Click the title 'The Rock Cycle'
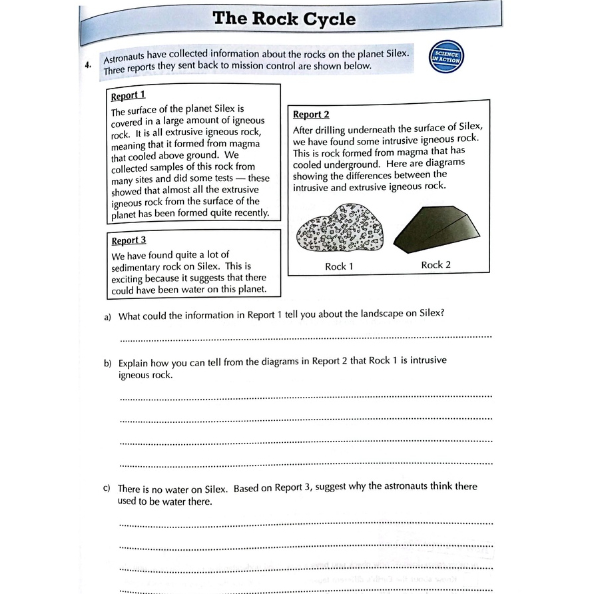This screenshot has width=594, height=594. click(284, 19)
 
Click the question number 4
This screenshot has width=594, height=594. click(88, 65)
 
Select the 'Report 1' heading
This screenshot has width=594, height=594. click(128, 95)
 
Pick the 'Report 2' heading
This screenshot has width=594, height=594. click(311, 115)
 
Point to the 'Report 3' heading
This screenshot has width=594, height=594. click(129, 240)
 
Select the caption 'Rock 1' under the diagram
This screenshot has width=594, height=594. click(339, 266)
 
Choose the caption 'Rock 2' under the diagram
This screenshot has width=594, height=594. click(436, 265)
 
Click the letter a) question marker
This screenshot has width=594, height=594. click(108, 317)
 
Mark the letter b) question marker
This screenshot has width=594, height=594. click(107, 364)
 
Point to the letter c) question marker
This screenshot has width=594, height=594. click(107, 488)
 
